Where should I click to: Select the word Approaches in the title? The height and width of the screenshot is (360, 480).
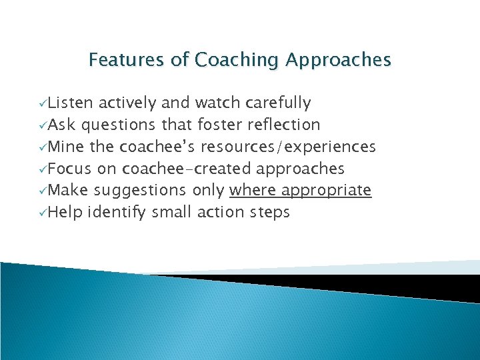click(x=338, y=61)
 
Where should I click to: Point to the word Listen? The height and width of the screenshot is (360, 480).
click(x=71, y=103)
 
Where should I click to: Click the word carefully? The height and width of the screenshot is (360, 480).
click(x=278, y=103)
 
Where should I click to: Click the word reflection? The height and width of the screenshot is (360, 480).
click(x=283, y=125)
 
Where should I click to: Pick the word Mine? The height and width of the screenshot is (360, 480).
click(x=66, y=147)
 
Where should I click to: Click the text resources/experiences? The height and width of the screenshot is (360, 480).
click(x=288, y=147)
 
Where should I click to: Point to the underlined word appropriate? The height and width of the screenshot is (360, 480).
click(x=326, y=191)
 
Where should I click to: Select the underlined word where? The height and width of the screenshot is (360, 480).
click(x=252, y=191)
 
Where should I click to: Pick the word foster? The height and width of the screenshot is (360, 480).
click(x=221, y=125)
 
